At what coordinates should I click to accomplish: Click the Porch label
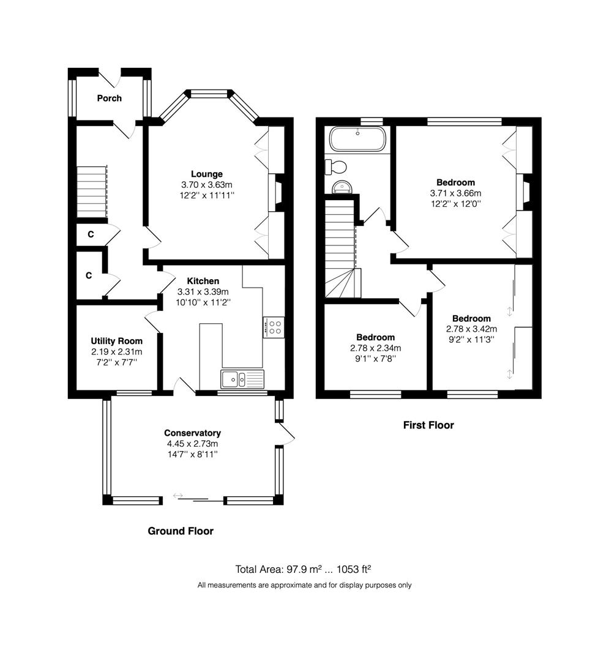(109, 98)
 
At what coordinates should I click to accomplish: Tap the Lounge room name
(206, 174)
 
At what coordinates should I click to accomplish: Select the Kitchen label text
(203, 281)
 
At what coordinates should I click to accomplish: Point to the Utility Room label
(117, 341)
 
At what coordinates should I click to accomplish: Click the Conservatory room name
(193, 433)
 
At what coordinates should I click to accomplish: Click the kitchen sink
(242, 379)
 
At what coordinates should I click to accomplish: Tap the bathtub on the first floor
(357, 139)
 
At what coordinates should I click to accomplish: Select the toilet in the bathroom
(336, 167)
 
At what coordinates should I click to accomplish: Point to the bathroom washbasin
(342, 187)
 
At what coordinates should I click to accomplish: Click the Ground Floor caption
(181, 531)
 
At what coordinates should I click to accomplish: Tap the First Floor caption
(428, 425)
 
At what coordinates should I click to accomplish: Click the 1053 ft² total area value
(354, 570)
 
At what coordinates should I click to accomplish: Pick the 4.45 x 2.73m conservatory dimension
(193, 444)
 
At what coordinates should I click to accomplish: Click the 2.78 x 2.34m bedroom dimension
(376, 348)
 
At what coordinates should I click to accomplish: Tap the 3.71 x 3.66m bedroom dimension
(455, 193)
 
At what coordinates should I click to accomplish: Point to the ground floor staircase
(91, 192)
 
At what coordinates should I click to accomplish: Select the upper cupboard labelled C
(91, 234)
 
